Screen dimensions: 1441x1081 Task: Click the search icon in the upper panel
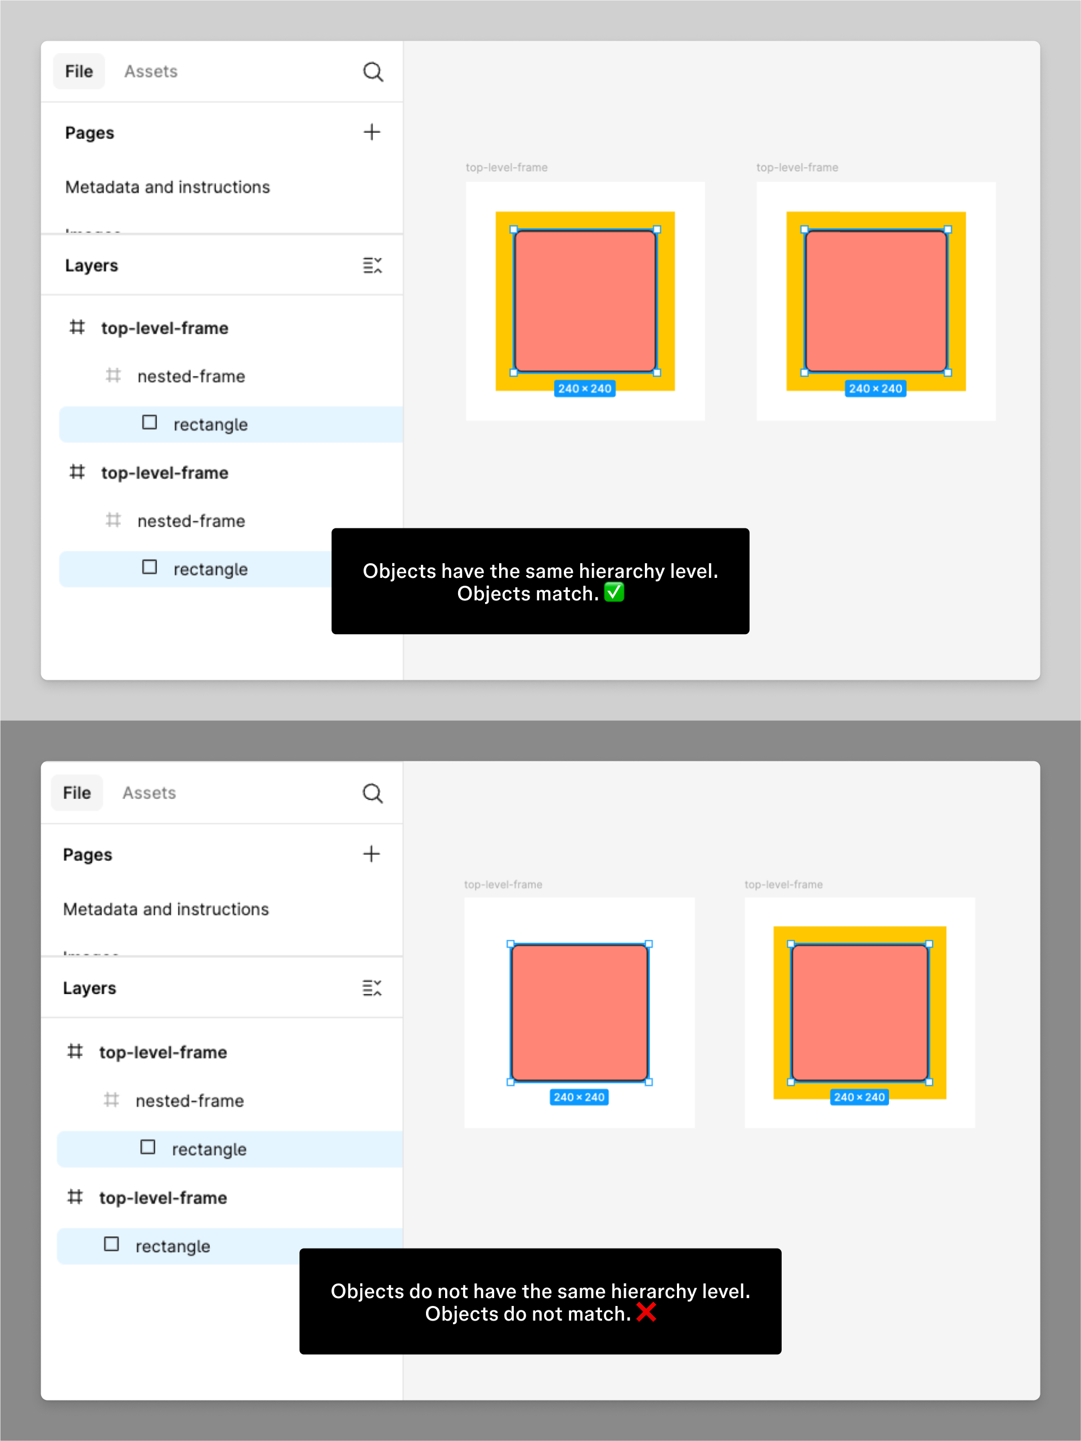click(373, 71)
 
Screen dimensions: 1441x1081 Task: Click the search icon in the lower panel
click(372, 793)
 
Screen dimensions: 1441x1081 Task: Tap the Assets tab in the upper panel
click(150, 71)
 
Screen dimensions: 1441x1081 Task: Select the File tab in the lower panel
click(77, 793)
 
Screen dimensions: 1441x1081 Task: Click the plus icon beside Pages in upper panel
click(371, 132)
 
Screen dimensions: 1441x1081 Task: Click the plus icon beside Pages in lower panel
click(371, 854)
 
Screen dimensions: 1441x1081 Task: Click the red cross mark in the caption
click(646, 1312)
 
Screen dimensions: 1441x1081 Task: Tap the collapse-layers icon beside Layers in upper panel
click(372, 265)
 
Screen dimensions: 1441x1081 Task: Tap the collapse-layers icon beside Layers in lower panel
click(371, 987)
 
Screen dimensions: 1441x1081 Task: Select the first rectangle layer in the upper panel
click(210, 425)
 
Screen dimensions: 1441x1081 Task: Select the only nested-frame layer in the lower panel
click(190, 1101)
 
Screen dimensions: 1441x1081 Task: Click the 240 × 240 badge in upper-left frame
click(585, 388)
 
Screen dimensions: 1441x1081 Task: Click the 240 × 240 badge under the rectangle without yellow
click(578, 1097)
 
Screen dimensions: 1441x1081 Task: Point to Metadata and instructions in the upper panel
click(168, 187)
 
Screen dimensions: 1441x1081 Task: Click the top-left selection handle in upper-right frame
click(804, 230)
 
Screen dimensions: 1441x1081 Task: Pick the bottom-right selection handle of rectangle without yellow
click(648, 1082)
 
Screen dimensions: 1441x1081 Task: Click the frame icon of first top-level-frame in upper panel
click(77, 327)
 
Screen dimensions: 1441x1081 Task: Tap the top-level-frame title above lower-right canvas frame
click(783, 884)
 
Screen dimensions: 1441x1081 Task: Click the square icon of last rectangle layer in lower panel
click(111, 1244)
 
